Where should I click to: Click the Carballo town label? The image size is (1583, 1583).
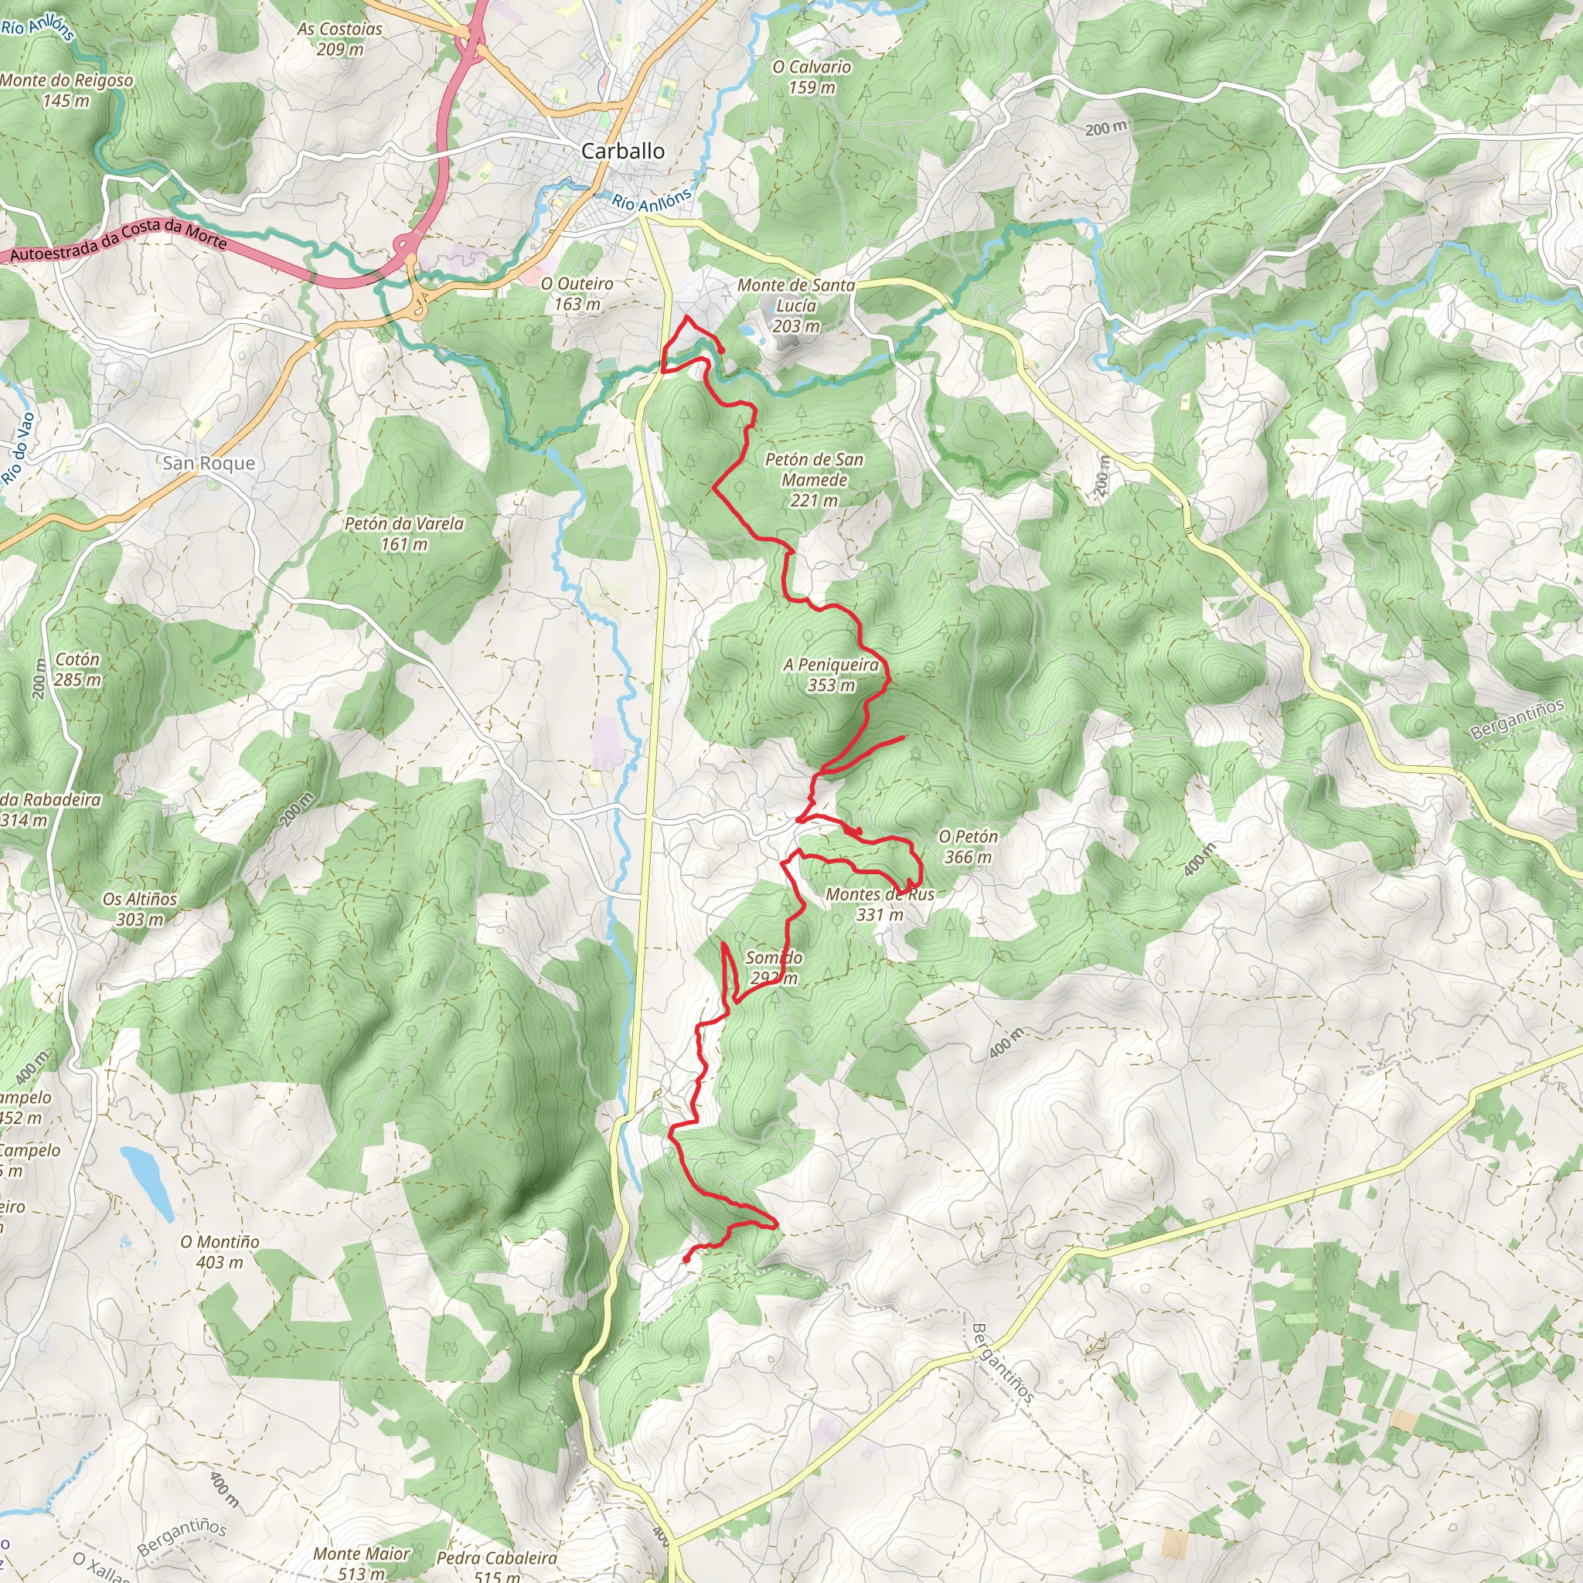coord(622,151)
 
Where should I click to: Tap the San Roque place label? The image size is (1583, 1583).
coord(208,463)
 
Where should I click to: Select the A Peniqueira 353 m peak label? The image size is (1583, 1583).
coord(831,675)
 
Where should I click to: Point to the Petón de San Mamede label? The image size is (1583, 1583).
coord(814,479)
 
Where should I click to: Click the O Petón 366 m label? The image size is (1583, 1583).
coord(968,846)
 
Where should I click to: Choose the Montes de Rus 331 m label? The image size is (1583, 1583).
coord(879,904)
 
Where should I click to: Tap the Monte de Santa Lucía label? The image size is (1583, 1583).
coord(795,305)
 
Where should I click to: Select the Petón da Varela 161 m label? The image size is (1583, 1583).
coord(404,533)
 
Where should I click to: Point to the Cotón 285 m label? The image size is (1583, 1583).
coord(78,669)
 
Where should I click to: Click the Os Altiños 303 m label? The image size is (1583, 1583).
coord(139,909)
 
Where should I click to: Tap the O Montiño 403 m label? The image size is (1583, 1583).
coord(220,1252)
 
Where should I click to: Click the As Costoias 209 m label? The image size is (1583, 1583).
coord(339,39)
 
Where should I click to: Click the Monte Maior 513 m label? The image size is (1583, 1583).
coord(361,1562)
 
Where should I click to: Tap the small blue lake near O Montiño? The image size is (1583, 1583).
coord(147,1183)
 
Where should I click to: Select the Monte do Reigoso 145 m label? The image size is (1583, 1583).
coord(66,90)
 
